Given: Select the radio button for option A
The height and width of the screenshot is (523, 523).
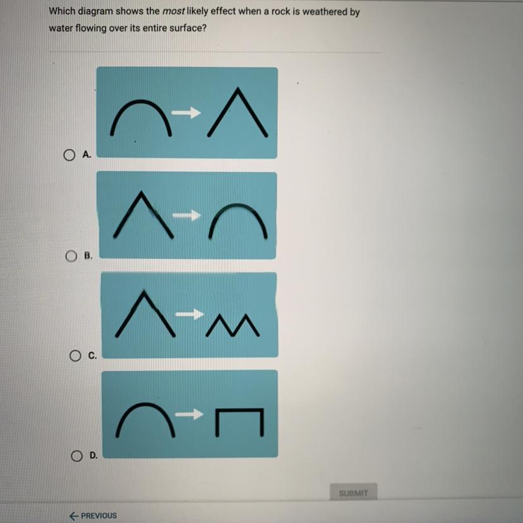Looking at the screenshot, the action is [x=69, y=155].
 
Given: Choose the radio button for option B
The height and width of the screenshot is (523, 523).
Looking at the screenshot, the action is [x=71, y=256].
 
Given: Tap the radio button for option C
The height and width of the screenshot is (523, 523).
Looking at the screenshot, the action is [x=75, y=356].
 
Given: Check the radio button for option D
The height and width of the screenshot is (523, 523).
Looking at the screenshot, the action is [x=76, y=455].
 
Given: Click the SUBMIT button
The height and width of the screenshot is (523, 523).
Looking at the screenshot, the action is [x=354, y=493].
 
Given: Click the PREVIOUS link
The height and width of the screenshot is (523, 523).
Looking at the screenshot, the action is [x=93, y=515].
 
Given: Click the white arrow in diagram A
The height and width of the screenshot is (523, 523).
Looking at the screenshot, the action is [x=186, y=112].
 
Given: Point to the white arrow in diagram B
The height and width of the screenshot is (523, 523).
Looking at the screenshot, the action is [x=186, y=215].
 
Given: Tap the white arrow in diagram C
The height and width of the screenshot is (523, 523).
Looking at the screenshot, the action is [x=189, y=314].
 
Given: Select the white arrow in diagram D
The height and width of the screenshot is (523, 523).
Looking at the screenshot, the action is [x=189, y=414].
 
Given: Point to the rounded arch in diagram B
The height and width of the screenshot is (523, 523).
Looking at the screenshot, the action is [x=237, y=205].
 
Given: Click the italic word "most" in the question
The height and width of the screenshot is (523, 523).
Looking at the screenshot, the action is [x=173, y=11].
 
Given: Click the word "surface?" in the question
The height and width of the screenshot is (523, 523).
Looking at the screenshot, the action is [x=188, y=28].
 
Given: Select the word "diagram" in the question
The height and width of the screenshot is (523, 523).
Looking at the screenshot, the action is [x=95, y=11].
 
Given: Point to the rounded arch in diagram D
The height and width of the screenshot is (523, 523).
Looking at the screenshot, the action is [x=145, y=404].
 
